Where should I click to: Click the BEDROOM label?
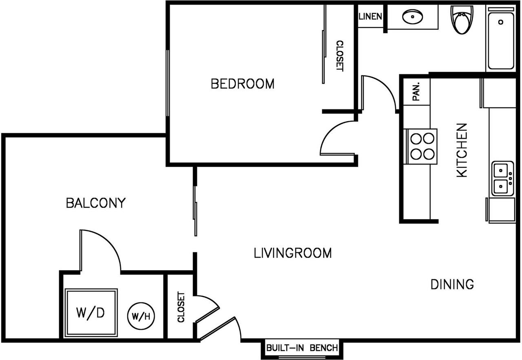[242, 84]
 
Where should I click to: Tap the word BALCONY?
[95, 203]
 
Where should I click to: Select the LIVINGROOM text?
[292, 253]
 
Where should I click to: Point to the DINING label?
[452, 284]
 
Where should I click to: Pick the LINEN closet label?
[370, 17]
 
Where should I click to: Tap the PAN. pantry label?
[416, 92]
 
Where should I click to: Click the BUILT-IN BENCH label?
[302, 348]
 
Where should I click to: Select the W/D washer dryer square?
[91, 313]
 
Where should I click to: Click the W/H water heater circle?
[142, 315]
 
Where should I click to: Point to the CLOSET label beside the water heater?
[181, 307]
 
